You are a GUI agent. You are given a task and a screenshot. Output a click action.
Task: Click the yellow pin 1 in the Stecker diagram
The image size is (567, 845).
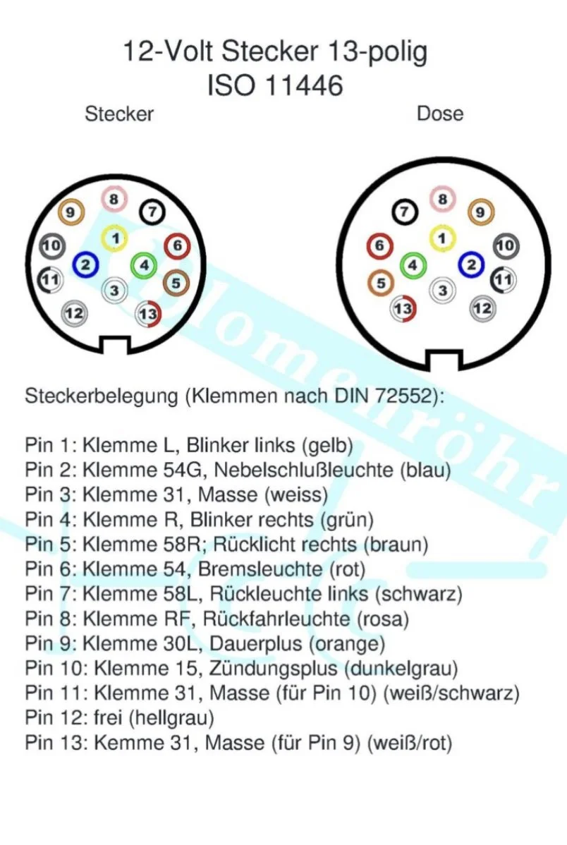coord(113,238)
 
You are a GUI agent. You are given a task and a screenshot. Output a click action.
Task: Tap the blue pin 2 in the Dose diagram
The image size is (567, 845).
coord(470,265)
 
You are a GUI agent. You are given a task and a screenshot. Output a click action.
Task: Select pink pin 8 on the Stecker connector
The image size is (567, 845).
coord(113,199)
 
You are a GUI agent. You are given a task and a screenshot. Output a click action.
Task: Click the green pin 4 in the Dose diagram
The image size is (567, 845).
coord(413,265)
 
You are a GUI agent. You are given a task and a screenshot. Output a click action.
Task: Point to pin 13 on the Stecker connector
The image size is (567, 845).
coord(148,313)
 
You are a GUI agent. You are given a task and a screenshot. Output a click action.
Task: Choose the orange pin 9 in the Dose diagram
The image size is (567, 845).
coord(481,211)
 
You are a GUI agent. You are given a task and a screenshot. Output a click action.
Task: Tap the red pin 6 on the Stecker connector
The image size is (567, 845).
coord(176,245)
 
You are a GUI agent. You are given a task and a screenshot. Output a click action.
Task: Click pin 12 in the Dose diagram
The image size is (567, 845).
coord(483,308)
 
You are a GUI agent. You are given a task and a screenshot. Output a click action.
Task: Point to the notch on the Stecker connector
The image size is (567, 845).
coord(115,345)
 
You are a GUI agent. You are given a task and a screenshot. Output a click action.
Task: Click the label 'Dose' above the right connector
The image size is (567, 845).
coord(440,114)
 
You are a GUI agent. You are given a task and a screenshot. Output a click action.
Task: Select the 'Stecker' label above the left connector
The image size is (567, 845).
coord(119,114)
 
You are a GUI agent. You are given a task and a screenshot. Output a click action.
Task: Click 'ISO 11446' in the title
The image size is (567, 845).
coord(275,85)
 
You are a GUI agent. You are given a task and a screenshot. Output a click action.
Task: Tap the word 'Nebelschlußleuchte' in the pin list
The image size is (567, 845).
coord(303,469)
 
